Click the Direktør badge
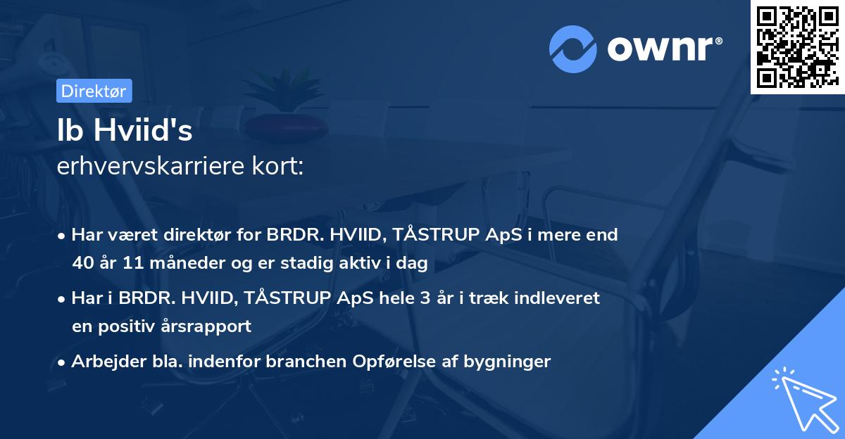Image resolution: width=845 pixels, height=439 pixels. pos(94,91)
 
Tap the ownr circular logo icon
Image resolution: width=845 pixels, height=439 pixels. pos(573,49)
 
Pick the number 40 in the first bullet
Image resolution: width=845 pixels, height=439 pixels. pos(83,264)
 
